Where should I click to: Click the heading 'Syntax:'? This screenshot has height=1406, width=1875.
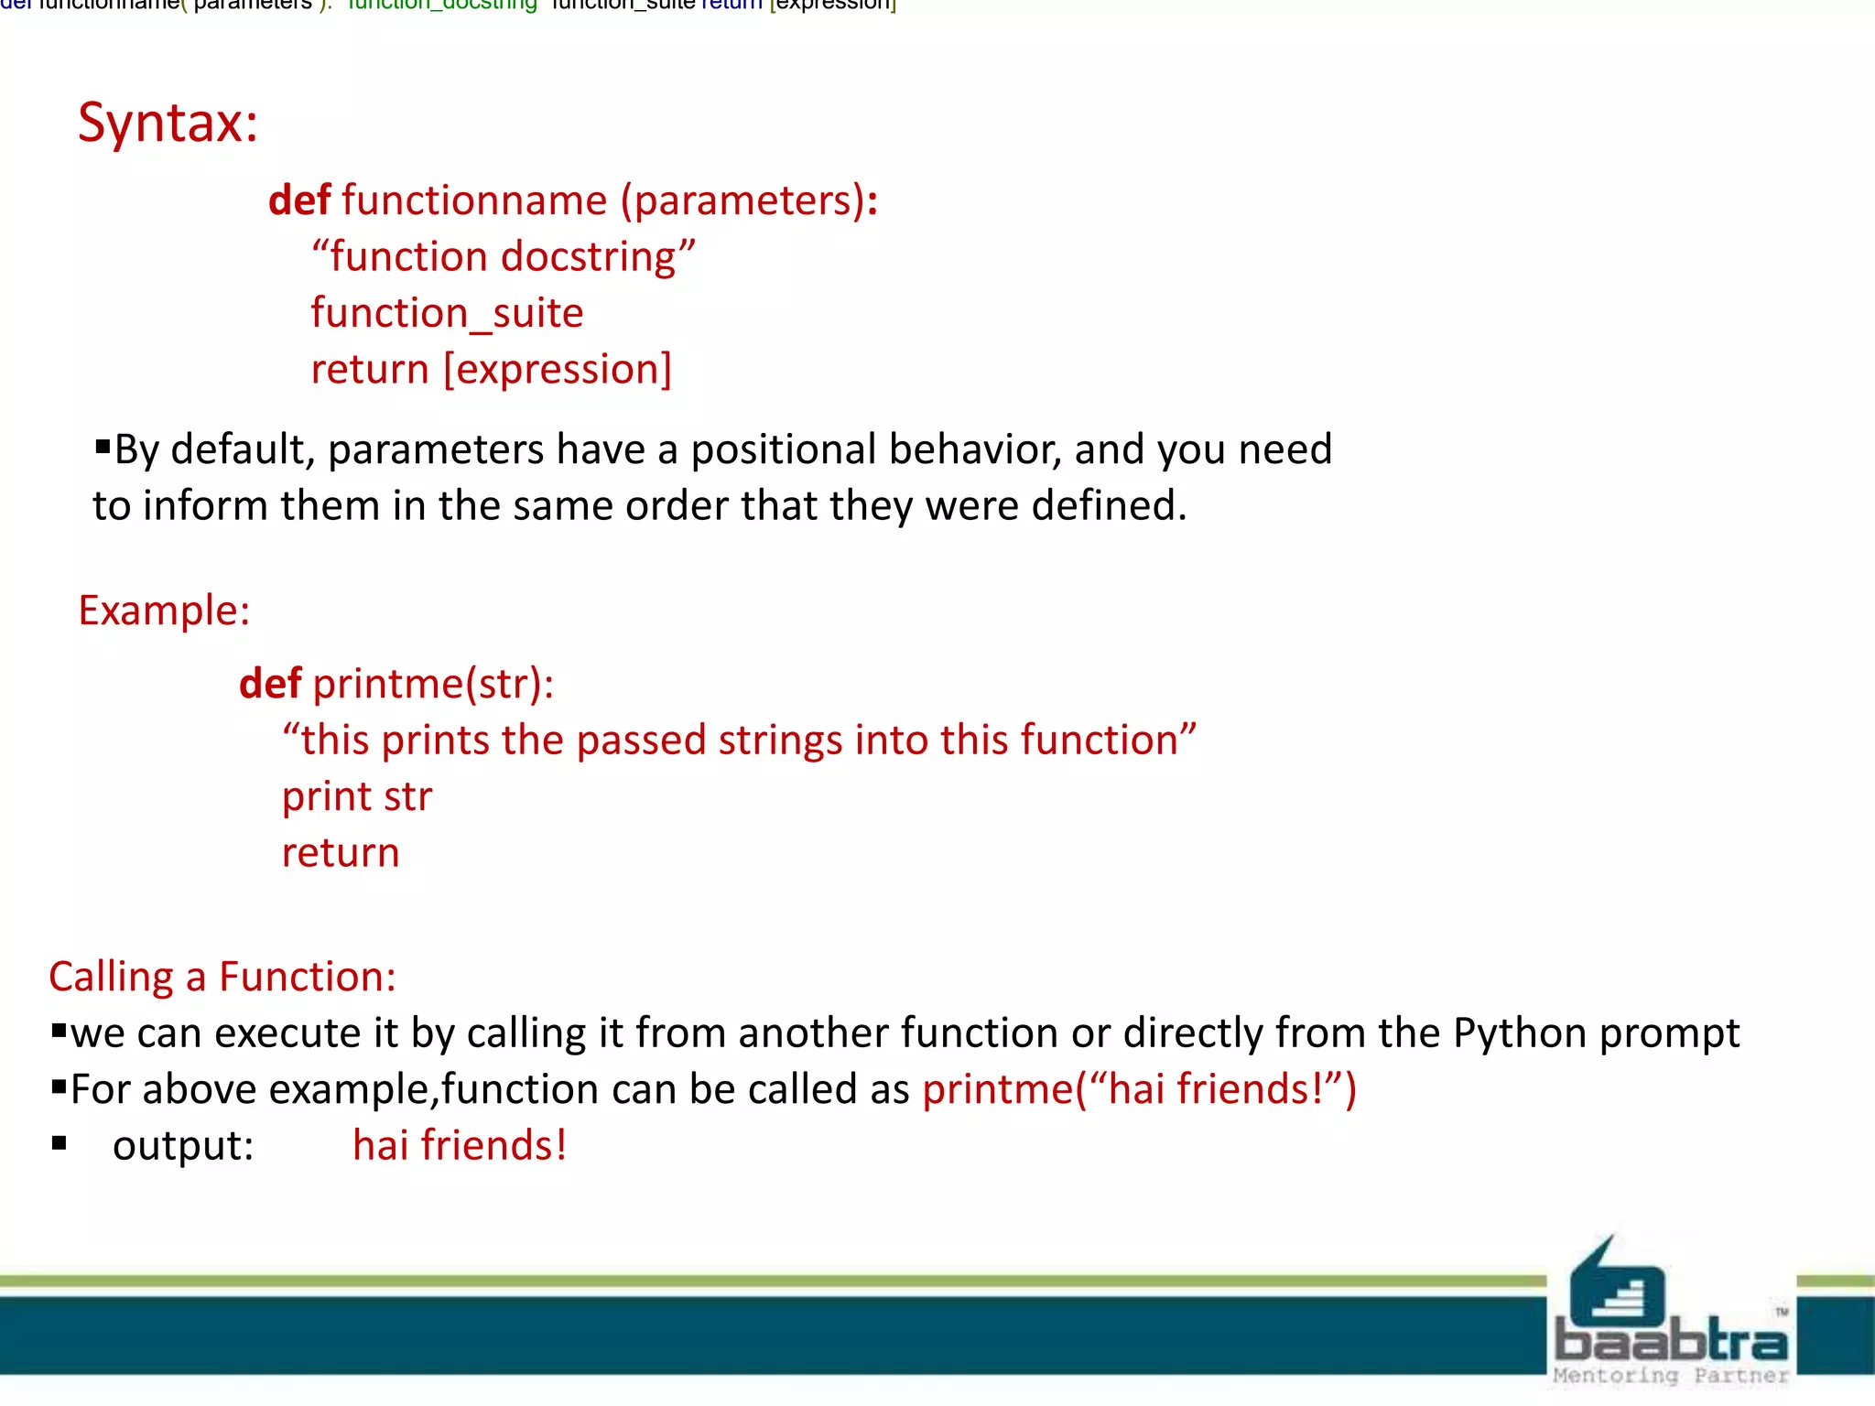pyautogui.click(x=168, y=122)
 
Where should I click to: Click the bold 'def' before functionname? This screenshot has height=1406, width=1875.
pyautogui.click(x=298, y=200)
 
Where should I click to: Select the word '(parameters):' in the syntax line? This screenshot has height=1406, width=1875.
pyautogui.click(x=749, y=200)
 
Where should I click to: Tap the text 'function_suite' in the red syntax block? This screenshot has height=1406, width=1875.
pyautogui.click(x=447, y=313)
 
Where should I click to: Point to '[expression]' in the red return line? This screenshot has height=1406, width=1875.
pyautogui.click(x=558, y=369)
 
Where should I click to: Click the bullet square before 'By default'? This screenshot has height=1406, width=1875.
pyautogui.click(x=103, y=448)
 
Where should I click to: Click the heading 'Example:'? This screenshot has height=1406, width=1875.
pyautogui.click(x=164, y=611)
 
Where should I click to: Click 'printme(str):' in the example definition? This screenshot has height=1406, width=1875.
pyautogui.click(x=433, y=684)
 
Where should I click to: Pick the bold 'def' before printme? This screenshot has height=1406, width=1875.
pyautogui.click(x=269, y=684)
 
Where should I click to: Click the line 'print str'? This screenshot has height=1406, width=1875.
pyautogui.click(x=356, y=796)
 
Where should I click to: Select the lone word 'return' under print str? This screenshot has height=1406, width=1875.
pyautogui.click(x=341, y=853)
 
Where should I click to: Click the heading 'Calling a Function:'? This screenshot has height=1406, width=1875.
pyautogui.click(x=222, y=977)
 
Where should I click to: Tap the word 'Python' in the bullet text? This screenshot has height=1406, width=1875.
pyautogui.click(x=1519, y=1033)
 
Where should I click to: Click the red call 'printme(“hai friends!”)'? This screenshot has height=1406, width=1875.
pyautogui.click(x=1139, y=1089)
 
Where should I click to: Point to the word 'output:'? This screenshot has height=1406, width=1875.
pyautogui.click(x=183, y=1146)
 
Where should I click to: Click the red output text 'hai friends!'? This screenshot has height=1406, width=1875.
pyautogui.click(x=460, y=1146)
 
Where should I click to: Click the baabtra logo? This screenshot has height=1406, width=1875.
pyautogui.click(x=1671, y=1314)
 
